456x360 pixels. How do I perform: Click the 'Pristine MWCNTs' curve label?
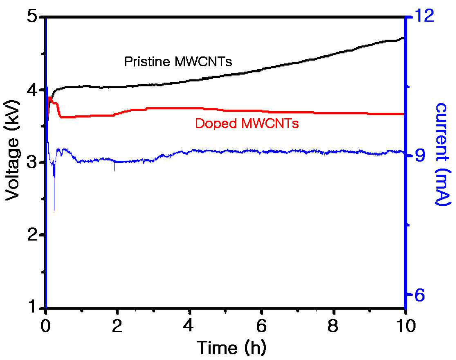[x=178, y=62]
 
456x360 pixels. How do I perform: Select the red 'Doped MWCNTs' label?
[x=247, y=123]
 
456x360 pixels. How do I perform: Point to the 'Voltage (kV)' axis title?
[x=12, y=150]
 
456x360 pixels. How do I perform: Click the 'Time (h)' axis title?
[x=231, y=347]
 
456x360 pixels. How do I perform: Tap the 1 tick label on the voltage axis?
[x=35, y=307]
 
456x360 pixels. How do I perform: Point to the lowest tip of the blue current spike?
[x=54, y=211]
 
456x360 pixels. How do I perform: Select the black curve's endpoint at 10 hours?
[x=404, y=38]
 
